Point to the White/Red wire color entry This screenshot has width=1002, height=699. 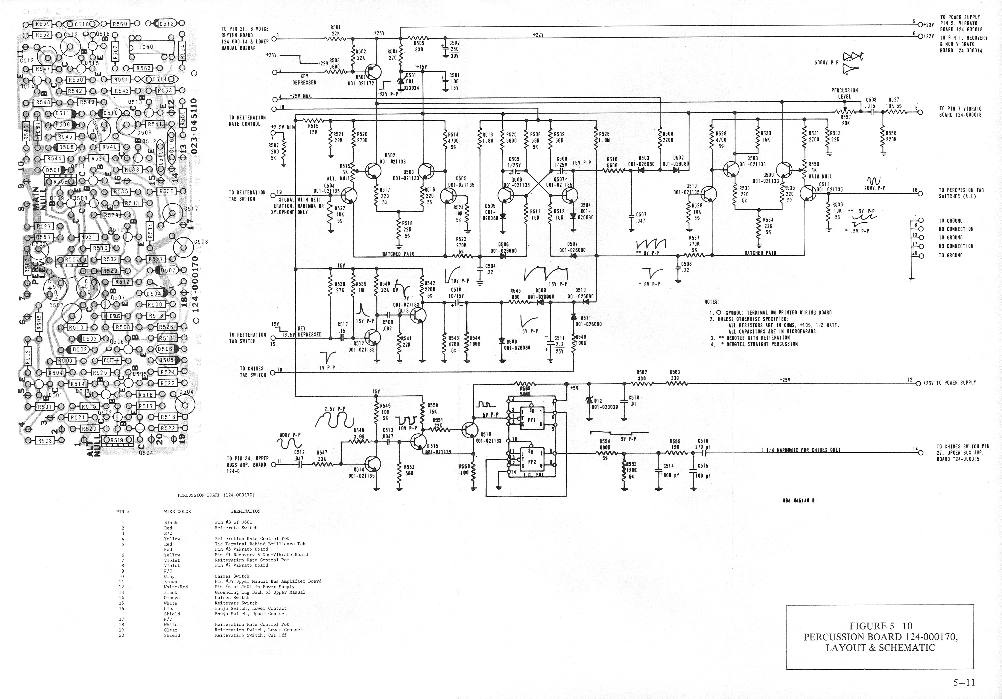click(176, 587)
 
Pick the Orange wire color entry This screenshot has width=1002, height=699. click(172, 598)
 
